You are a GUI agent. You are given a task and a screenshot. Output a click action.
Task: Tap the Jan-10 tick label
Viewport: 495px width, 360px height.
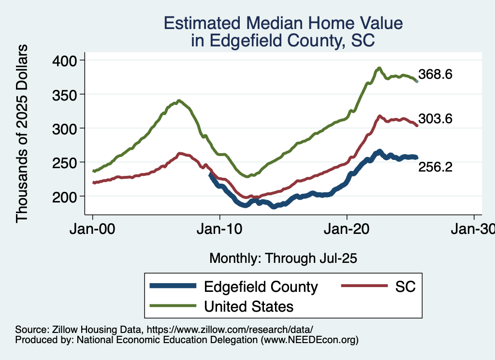point(219,229)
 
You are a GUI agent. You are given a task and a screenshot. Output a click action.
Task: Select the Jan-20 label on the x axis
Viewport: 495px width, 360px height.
point(347,229)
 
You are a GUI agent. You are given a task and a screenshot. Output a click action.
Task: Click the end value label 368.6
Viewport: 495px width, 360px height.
point(436,74)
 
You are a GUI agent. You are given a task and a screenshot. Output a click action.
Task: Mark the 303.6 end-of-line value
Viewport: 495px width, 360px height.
point(436,119)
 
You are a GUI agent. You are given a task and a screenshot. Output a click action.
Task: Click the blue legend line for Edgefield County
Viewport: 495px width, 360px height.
point(173,286)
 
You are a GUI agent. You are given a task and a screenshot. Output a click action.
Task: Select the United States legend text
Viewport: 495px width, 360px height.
point(248,306)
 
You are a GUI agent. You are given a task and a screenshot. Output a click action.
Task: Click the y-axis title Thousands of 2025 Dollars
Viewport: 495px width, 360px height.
point(22,133)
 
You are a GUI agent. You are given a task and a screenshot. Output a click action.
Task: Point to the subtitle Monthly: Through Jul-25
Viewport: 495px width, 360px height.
point(283,258)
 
